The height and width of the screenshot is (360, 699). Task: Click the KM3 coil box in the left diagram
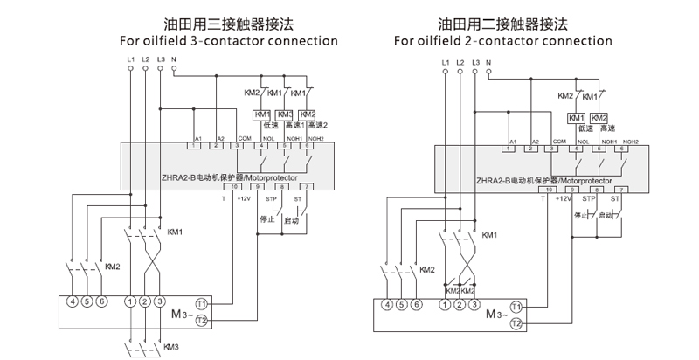284,114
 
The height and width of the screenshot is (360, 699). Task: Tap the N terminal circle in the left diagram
175,69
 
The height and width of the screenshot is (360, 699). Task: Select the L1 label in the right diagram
446,62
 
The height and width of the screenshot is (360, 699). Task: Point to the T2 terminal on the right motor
516,323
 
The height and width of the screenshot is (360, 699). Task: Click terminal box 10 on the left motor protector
234,187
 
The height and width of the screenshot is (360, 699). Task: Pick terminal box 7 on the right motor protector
619,190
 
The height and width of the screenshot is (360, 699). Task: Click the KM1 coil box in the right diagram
576,118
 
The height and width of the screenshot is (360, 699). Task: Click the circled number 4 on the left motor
73,301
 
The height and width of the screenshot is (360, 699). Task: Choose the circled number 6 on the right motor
417,305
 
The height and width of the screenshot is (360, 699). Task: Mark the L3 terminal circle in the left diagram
161,69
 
